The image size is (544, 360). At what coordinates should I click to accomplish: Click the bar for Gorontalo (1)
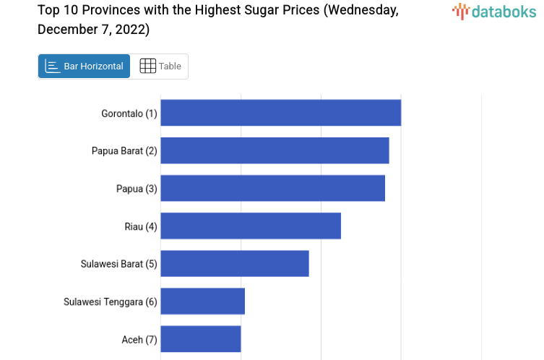tap(280, 113)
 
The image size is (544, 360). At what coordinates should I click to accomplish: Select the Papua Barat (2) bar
tap(275, 150)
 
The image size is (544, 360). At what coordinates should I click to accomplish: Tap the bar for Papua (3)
tap(272, 188)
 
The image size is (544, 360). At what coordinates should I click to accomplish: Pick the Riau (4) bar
tap(251, 226)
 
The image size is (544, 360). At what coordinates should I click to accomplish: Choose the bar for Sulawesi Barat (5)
tap(235, 263)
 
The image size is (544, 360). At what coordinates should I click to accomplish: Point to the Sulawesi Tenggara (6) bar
tap(203, 301)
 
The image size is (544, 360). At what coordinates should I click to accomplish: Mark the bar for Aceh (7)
tap(201, 338)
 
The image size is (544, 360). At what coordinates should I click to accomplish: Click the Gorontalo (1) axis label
tap(129, 113)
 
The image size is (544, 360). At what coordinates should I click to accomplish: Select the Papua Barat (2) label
tap(124, 151)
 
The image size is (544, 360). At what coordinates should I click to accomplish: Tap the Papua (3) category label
tap(137, 189)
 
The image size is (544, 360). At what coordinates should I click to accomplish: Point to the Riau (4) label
tap(141, 226)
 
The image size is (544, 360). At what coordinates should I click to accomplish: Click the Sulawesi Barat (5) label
tap(118, 264)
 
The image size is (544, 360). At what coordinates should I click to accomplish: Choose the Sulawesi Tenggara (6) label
tap(111, 301)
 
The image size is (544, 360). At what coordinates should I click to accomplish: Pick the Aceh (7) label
tap(139, 339)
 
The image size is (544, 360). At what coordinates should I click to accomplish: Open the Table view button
tap(160, 66)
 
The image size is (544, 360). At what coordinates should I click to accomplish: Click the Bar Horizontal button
tap(85, 66)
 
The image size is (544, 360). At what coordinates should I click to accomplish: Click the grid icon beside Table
tap(147, 66)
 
